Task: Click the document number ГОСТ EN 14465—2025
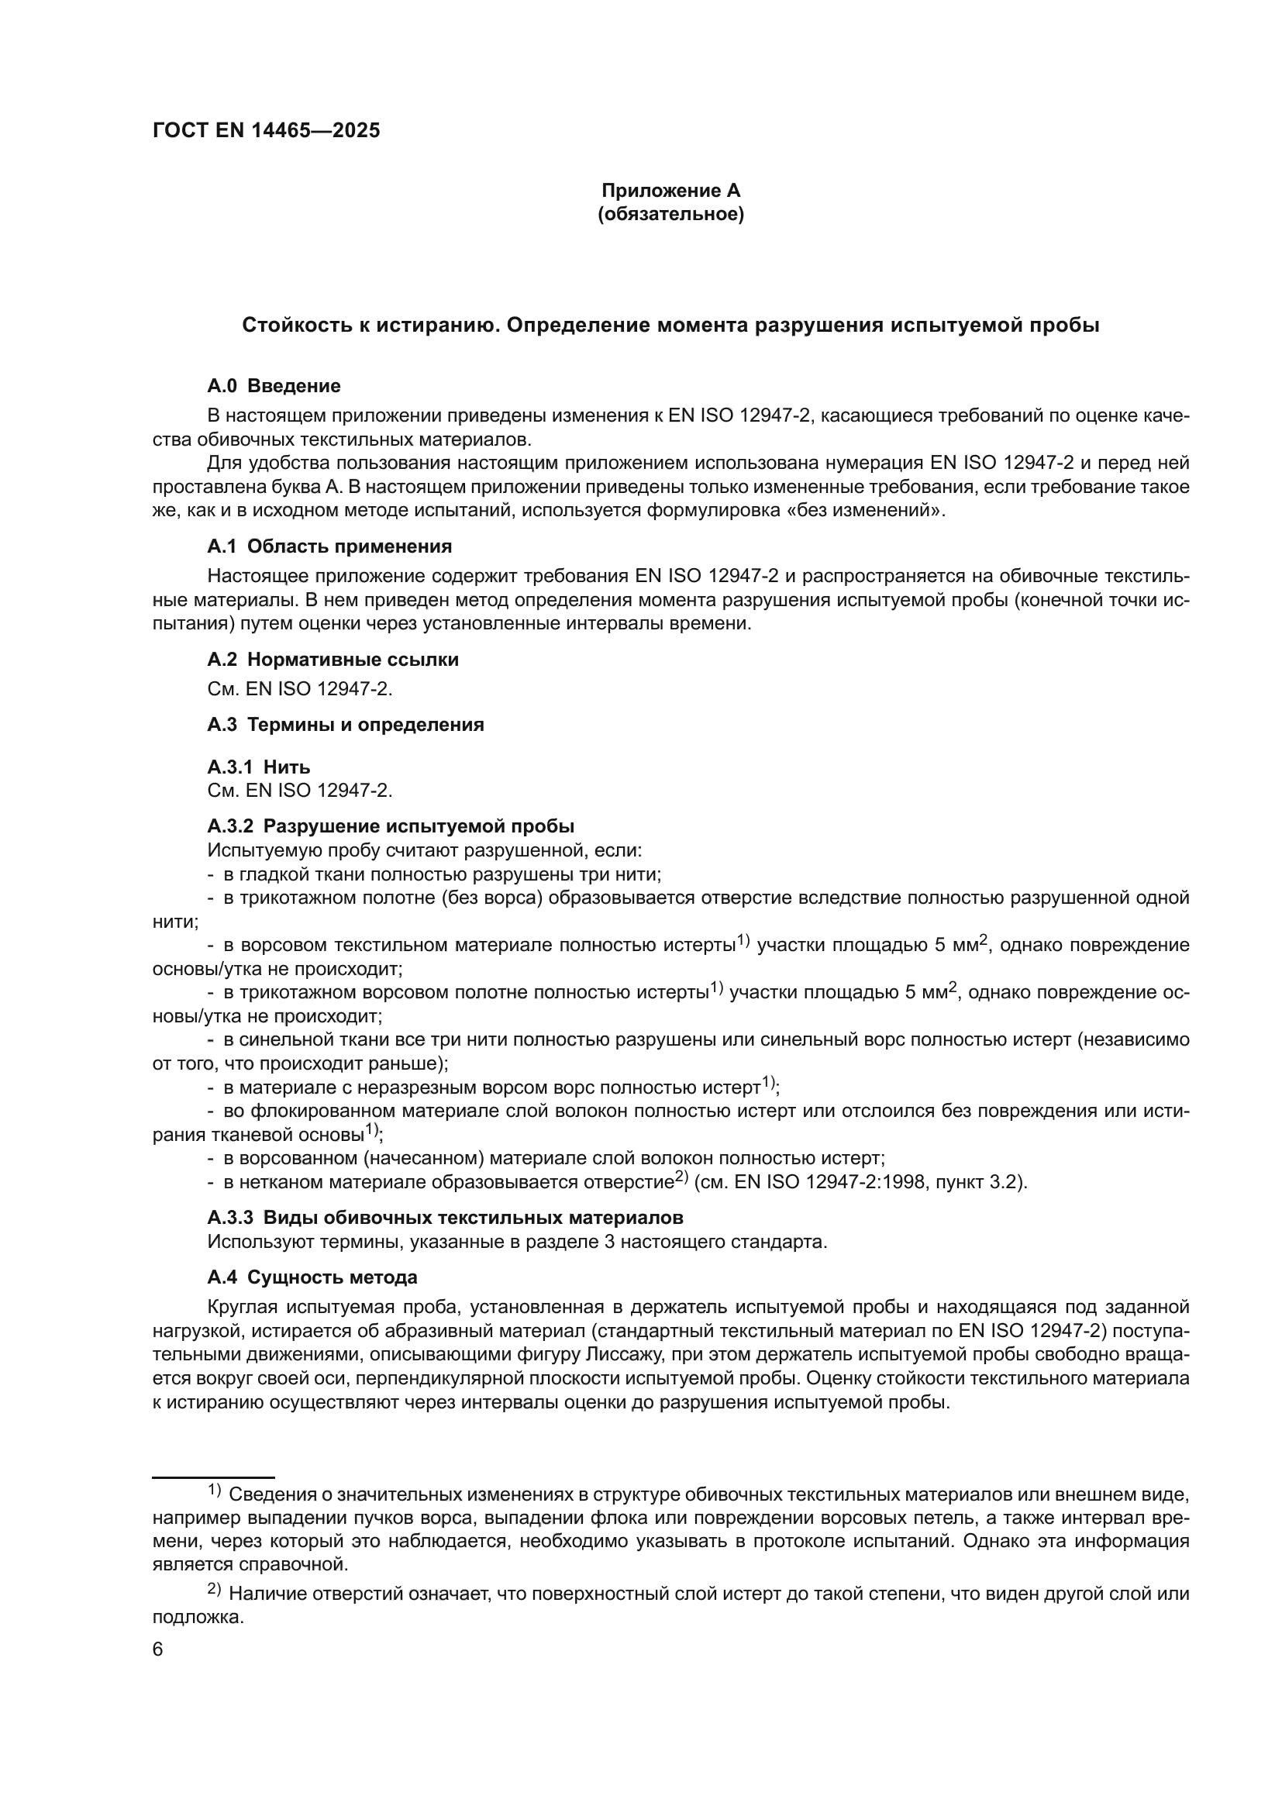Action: click(266, 131)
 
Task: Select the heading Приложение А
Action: click(670, 191)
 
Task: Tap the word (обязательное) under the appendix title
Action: click(670, 214)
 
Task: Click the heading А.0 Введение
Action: click(274, 386)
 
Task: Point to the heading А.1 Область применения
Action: click(329, 546)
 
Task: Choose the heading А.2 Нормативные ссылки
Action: click(333, 660)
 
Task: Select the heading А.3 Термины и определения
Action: click(345, 724)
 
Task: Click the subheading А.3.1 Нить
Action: click(258, 767)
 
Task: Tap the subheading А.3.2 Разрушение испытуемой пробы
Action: click(390, 826)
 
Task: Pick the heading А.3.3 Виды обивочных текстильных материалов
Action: click(444, 1218)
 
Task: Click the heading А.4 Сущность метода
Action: click(312, 1277)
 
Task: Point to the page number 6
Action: click(158, 1650)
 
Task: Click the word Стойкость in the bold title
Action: click(293, 326)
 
